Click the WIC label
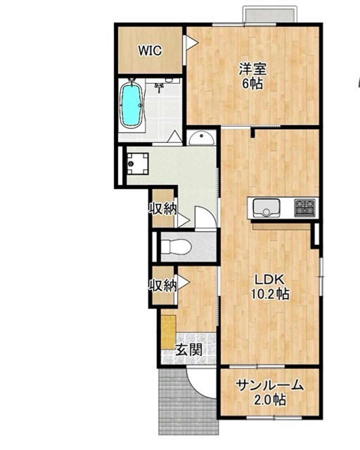click(150, 50)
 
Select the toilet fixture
click(177, 247)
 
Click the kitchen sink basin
click(266, 208)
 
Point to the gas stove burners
click(305, 208)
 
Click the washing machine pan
click(138, 164)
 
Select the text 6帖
click(252, 84)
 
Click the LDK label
click(269, 280)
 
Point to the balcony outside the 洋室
click(269, 14)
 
